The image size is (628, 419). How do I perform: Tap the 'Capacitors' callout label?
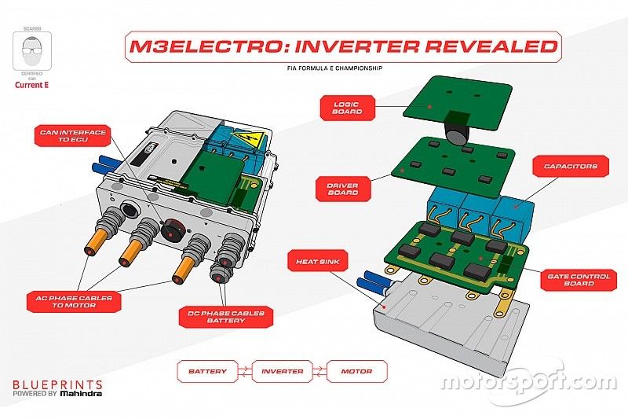coord(565,166)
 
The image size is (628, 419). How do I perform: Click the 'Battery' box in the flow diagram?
coord(208,371)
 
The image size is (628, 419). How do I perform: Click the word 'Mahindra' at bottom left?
coord(82,395)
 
